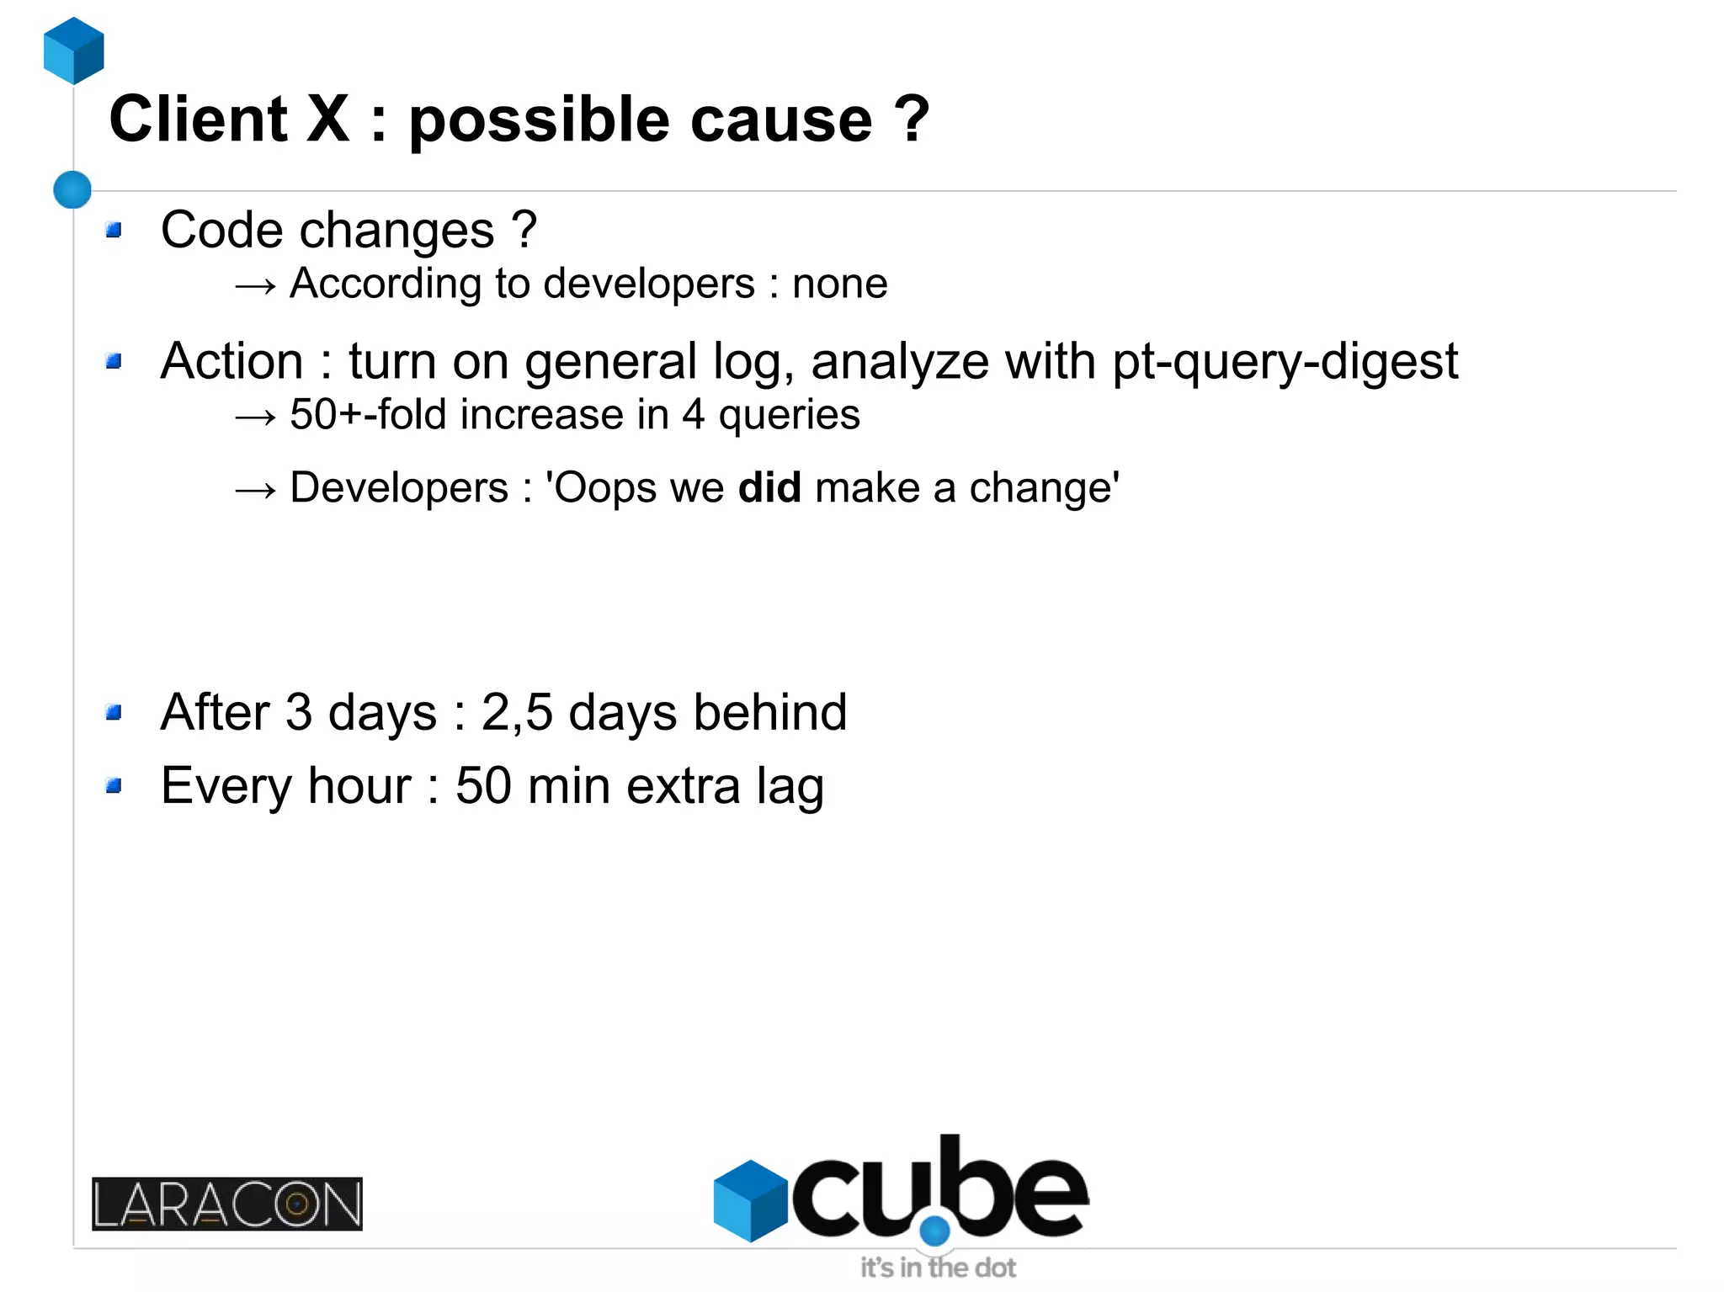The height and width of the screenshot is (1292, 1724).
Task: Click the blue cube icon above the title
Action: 74,51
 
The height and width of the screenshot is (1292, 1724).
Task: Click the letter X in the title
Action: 327,119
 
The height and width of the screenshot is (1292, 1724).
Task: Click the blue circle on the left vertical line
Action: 72,189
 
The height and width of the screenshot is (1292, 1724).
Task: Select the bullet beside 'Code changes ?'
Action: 114,230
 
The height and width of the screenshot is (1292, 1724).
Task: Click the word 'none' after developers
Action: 839,284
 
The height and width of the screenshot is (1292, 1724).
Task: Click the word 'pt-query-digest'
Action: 1285,363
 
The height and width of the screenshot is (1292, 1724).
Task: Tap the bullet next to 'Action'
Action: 114,362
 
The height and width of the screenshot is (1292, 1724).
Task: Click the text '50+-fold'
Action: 367,415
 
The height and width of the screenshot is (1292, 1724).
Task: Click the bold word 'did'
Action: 769,488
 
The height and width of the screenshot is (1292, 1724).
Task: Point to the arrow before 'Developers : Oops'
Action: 255,490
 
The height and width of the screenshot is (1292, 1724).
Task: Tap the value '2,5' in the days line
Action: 517,713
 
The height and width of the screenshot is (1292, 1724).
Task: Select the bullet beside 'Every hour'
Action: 114,786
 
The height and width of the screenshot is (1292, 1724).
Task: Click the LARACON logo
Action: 227,1204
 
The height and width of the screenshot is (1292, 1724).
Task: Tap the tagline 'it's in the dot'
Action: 938,1267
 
